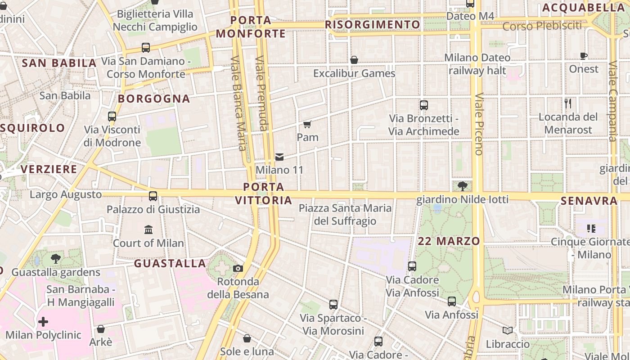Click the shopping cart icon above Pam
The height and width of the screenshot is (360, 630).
click(x=307, y=124)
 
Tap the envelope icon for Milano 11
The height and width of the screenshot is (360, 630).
click(x=279, y=157)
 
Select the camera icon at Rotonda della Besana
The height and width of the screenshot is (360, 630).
click(x=238, y=269)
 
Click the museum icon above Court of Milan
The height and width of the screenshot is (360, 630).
click(x=148, y=230)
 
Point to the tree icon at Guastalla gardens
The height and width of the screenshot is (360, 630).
click(x=56, y=259)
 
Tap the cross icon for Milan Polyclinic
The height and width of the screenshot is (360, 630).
click(x=43, y=322)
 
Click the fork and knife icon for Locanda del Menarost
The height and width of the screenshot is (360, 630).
click(x=568, y=103)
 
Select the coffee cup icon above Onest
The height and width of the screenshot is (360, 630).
click(x=584, y=56)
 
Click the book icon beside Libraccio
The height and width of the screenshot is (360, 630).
click(x=508, y=331)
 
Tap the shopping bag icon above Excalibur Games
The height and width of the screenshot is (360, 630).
click(x=354, y=60)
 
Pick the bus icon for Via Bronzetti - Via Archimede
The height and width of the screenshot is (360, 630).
click(x=423, y=105)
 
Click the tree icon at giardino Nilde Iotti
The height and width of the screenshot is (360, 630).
click(x=462, y=186)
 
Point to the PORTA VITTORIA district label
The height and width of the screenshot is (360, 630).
click(x=264, y=193)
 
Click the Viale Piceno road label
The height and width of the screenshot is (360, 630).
click(x=478, y=124)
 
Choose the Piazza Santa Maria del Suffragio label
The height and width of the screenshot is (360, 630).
click(x=345, y=215)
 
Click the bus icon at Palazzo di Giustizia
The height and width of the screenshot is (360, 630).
click(x=153, y=196)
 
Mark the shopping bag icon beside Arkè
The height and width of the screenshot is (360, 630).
click(x=101, y=329)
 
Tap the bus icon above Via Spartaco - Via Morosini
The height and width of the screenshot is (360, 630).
click(x=333, y=305)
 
